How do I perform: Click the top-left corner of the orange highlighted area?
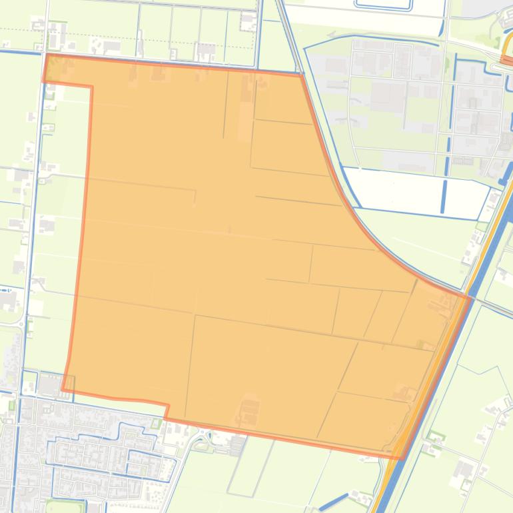[47, 56]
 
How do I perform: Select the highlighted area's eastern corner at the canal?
[470, 297]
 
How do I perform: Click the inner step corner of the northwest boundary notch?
[91, 86]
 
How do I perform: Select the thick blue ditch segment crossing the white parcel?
[444, 193]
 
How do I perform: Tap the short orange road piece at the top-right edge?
[506, 61]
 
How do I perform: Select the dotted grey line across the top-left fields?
[133, 32]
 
